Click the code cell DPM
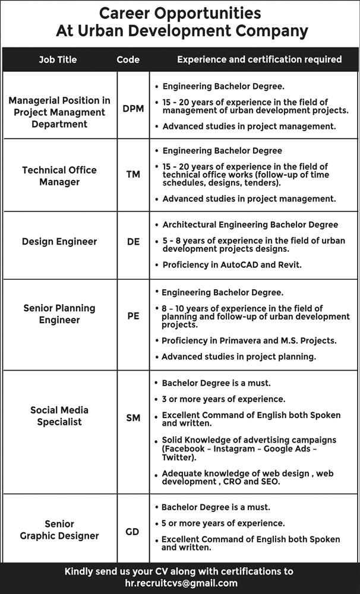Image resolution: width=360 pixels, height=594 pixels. [x=133, y=109]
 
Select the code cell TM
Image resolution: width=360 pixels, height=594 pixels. [x=133, y=175]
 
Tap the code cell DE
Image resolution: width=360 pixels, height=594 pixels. [x=133, y=242]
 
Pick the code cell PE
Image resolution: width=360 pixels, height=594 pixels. [x=133, y=316]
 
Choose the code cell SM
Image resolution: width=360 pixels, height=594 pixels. [x=133, y=418]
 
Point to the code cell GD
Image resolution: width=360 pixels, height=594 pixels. [x=132, y=532]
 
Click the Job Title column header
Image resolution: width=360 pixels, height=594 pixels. [x=58, y=59]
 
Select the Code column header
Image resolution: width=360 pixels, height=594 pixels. [x=128, y=59]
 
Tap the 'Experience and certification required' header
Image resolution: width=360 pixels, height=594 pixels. [x=260, y=59]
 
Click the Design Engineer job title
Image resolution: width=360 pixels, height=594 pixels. [x=59, y=242]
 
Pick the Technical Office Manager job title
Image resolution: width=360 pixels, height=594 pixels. [x=59, y=176]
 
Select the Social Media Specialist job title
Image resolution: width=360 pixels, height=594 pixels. [x=59, y=416]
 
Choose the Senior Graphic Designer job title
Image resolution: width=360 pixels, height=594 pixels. [x=59, y=530]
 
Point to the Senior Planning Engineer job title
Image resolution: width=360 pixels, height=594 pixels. [x=59, y=314]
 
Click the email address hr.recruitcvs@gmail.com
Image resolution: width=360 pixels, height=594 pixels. [x=181, y=583]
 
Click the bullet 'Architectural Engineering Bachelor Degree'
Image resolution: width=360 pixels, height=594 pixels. [x=250, y=225]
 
